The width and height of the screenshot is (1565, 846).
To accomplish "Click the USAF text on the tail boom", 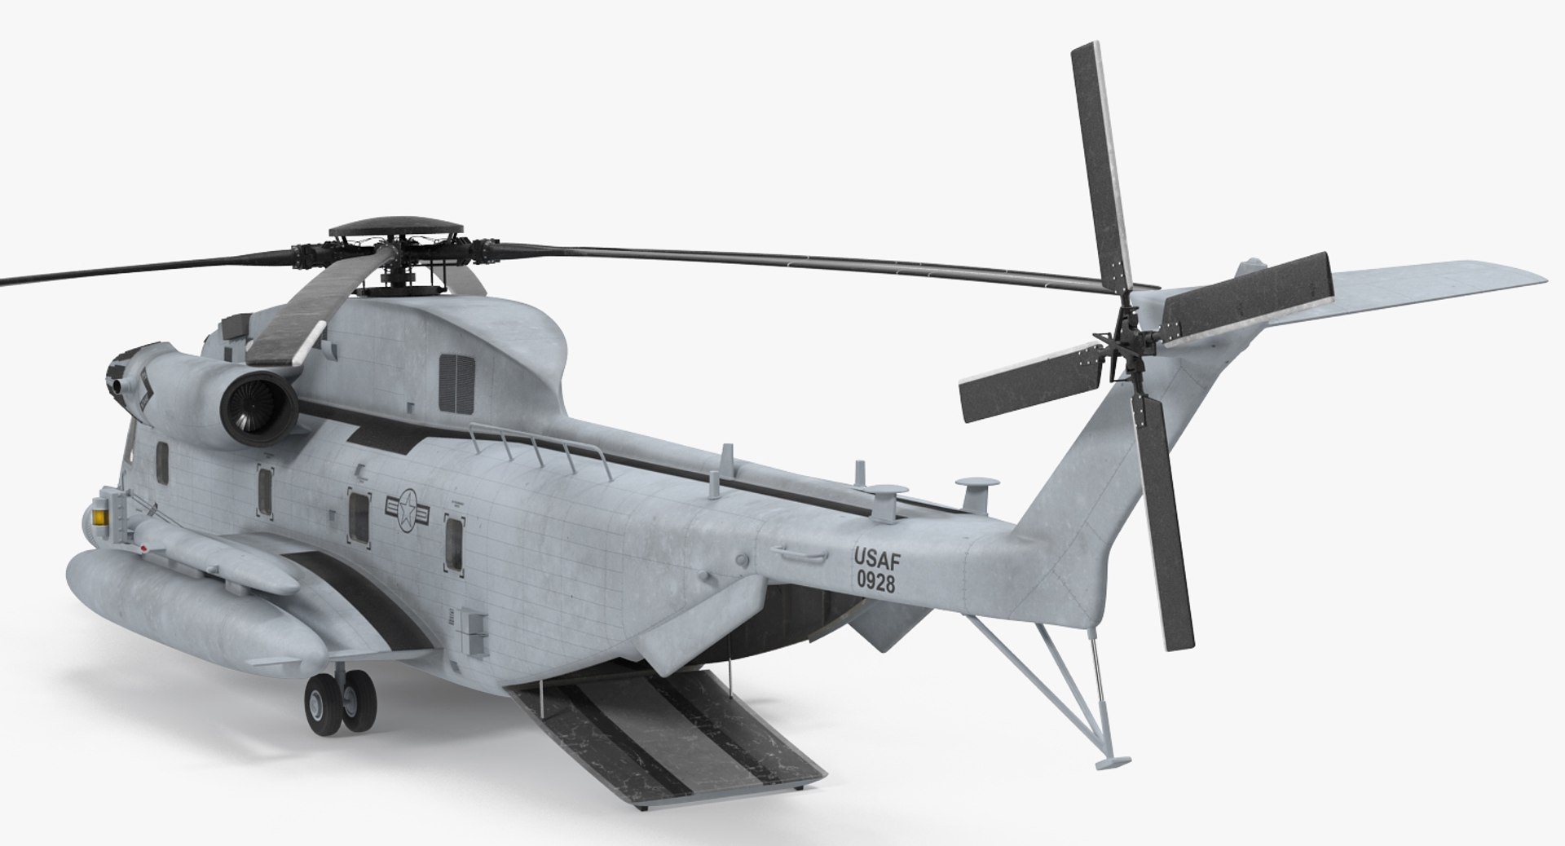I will [875, 557].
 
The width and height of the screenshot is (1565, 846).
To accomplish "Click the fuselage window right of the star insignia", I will [453, 541].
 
